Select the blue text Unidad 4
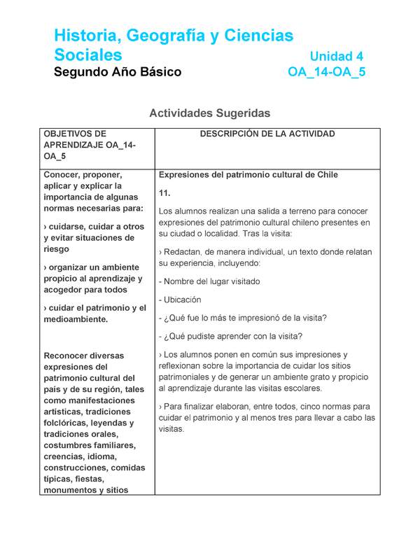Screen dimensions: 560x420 pos(336,56)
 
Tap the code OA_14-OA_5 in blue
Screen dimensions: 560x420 pos(326,72)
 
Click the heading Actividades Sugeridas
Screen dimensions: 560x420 pos(209,113)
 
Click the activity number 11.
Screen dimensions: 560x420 pos(165,192)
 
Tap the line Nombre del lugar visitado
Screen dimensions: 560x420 pos(210,281)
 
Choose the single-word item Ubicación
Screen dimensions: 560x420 pos(182,300)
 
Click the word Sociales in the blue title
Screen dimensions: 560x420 pos(88,55)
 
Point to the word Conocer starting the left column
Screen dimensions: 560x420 pos(65,175)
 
